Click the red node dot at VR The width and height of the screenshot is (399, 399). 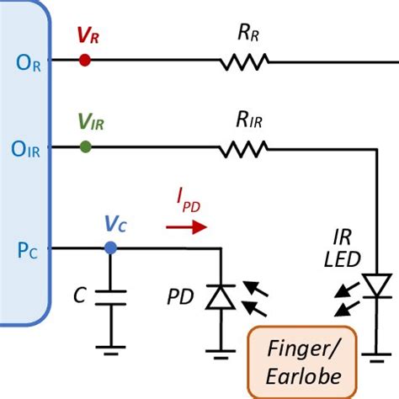click(84, 61)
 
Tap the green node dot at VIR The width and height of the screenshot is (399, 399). click(85, 147)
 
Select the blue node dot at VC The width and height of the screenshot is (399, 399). click(109, 247)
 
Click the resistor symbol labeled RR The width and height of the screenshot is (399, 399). click(244, 61)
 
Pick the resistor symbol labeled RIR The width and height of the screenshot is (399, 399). click(244, 148)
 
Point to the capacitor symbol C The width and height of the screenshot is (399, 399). click(109, 297)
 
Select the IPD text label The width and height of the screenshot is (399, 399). click(189, 201)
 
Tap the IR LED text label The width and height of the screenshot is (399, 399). click(343, 248)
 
